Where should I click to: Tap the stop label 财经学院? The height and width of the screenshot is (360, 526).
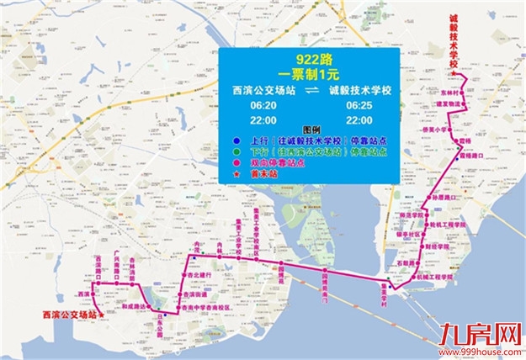tap(438, 248)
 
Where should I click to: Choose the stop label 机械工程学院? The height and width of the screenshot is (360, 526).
tap(435, 275)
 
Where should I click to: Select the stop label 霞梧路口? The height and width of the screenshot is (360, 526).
tap(470, 156)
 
